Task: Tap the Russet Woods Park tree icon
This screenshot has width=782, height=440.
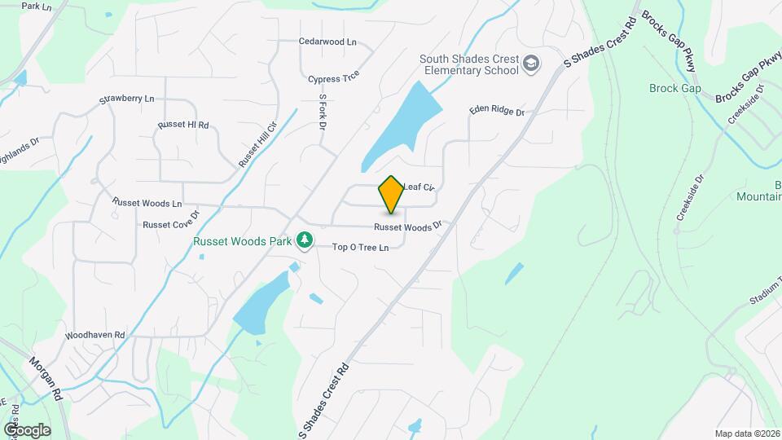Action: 305,240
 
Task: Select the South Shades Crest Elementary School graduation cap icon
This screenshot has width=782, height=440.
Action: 531,64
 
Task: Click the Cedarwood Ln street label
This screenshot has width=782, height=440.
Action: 327,42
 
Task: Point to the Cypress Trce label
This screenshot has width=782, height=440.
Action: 333,79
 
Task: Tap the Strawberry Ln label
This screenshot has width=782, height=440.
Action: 126,99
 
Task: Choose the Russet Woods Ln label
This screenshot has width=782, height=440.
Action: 147,202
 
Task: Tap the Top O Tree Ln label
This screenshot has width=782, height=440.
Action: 360,247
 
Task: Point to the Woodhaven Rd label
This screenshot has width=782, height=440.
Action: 94,335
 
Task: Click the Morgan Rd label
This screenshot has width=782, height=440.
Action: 46,376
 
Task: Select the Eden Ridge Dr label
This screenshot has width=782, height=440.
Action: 496,112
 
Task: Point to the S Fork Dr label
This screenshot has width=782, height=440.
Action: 323,112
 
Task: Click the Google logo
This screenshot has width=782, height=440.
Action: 27,429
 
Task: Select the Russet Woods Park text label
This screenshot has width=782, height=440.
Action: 243,241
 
